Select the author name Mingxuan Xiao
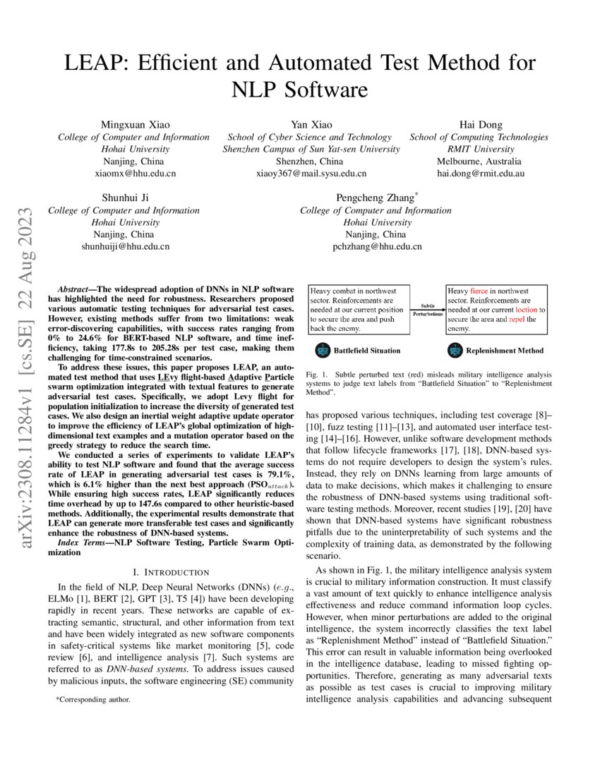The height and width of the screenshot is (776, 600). pyautogui.click(x=133, y=125)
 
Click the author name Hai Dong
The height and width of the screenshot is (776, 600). pyautogui.click(x=479, y=125)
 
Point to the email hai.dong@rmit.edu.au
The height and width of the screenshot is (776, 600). pyautogui.click(x=479, y=173)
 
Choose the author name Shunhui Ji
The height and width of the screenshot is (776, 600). pyautogui.click(x=124, y=198)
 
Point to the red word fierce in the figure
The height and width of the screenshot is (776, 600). pyautogui.click(x=479, y=291)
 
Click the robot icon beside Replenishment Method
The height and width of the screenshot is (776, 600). pyautogui.click(x=455, y=350)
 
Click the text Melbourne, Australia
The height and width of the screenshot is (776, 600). pyautogui.click(x=479, y=161)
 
